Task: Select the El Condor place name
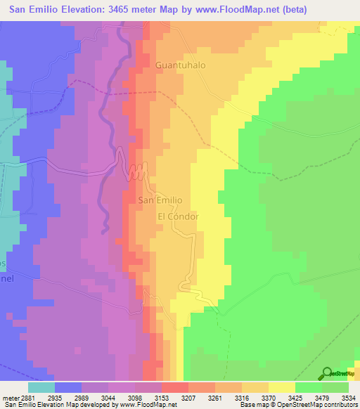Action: [x=178, y=216]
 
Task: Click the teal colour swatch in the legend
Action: [x=41, y=387]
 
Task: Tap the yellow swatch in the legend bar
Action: [x=281, y=387]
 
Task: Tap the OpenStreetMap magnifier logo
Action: [x=327, y=374]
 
